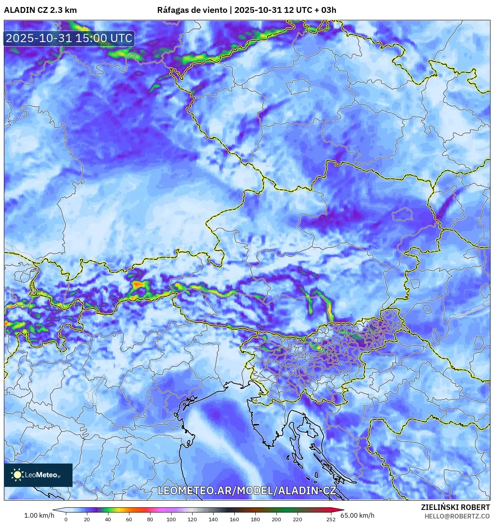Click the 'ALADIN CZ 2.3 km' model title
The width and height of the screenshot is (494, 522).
click(x=40, y=10)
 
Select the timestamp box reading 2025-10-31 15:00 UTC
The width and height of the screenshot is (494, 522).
click(x=69, y=39)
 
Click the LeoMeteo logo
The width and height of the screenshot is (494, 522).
click(x=38, y=475)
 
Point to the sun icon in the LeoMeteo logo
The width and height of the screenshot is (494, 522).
click(x=17, y=474)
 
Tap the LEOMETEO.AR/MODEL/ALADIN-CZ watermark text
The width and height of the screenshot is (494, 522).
click(x=246, y=490)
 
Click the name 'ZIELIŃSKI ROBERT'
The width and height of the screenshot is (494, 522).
click(x=455, y=507)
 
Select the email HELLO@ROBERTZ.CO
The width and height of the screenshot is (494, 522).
click(x=457, y=516)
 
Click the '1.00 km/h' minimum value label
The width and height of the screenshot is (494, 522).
click(x=39, y=515)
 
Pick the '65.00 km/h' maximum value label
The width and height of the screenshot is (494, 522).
click(x=358, y=515)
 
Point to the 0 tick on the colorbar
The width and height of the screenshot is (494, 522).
click(x=66, y=519)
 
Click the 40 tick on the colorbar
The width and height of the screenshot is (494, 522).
click(x=108, y=519)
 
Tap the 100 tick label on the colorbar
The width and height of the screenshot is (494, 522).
click(x=171, y=519)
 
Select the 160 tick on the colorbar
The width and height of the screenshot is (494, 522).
click(x=234, y=519)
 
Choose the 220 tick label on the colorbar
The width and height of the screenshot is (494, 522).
click(x=297, y=519)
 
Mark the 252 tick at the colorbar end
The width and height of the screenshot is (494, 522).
click(x=331, y=519)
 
